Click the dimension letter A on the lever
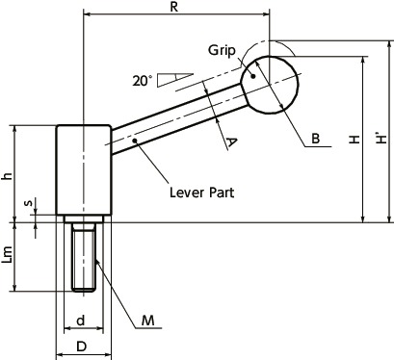229,142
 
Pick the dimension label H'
383,140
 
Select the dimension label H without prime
354,141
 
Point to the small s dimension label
27,204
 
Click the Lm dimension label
9,256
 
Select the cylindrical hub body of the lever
84,171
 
